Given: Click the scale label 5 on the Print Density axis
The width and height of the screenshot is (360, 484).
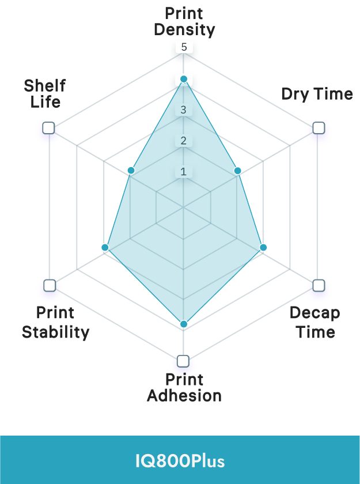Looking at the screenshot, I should [x=184, y=47].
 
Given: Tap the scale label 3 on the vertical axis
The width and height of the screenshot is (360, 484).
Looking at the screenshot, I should [x=184, y=109].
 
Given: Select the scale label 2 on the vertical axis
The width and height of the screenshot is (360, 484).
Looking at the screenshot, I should [x=184, y=141].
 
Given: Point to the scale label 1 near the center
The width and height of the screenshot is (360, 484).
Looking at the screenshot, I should [x=184, y=171].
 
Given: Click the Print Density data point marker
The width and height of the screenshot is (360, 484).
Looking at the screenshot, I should [x=184, y=78].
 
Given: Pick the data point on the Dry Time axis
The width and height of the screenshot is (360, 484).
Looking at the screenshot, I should [x=237, y=171].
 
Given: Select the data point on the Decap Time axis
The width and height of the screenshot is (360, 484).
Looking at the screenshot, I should [x=263, y=247].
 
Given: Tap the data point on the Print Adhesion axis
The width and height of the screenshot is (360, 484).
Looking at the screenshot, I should [x=184, y=324].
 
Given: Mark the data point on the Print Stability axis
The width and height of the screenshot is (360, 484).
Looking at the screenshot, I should [x=104, y=247].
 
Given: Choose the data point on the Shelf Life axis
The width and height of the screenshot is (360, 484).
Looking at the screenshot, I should [x=131, y=170].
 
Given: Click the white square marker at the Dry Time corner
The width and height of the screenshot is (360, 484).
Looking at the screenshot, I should [x=318, y=128].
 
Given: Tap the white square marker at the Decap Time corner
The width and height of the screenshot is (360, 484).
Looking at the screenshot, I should [x=318, y=285].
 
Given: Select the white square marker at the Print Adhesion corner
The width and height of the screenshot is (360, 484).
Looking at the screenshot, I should [x=183, y=361].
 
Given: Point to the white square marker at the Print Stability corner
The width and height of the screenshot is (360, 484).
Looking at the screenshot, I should [x=50, y=285].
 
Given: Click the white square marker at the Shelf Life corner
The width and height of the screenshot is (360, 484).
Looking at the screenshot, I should [x=49, y=128].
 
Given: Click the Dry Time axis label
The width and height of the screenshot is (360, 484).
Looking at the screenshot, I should [x=317, y=94].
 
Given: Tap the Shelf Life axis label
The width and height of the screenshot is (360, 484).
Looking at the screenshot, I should [x=44, y=94].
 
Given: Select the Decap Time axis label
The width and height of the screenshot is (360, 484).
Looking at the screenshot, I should [x=314, y=322].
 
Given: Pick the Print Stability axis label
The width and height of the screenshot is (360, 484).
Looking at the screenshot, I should [x=55, y=322].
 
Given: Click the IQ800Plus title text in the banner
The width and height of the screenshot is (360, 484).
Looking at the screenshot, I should [x=180, y=461].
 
